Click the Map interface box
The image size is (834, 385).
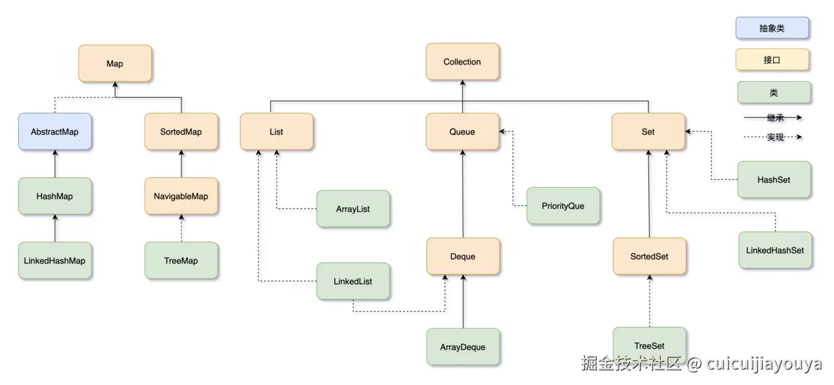point(115,64)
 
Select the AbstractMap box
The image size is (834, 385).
point(54,132)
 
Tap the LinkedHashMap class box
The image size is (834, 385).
point(54,260)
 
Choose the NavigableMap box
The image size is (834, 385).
point(182,197)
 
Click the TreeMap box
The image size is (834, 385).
point(182,260)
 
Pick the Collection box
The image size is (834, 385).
point(462,62)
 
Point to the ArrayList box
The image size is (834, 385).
point(353,209)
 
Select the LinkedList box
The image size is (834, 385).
point(353,281)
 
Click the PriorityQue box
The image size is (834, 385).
point(563,206)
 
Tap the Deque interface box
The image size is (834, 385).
point(463,256)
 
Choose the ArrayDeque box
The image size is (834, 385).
point(463,347)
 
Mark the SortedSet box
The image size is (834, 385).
point(650,256)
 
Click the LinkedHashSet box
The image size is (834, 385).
point(775,250)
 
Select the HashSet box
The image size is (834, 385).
point(773,180)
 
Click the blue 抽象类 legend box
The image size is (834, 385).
point(772,28)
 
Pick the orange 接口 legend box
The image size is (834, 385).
point(772,60)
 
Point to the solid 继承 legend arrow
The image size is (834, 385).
point(773,117)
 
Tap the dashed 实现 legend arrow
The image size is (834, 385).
point(773,137)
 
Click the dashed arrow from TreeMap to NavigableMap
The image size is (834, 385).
point(182,229)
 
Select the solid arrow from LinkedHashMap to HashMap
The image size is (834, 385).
point(54,229)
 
